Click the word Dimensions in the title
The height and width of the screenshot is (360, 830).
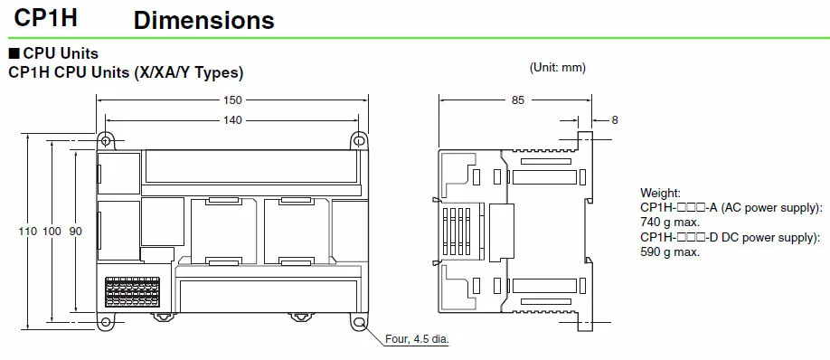click(203, 19)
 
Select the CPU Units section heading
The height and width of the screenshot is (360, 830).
click(59, 53)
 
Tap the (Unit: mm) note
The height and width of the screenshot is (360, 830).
click(557, 68)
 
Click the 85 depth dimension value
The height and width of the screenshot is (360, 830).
click(517, 100)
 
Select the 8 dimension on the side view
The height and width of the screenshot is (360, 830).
click(615, 120)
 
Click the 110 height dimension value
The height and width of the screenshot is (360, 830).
click(28, 232)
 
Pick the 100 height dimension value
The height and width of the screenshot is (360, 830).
click(52, 232)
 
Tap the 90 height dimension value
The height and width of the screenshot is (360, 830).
click(75, 232)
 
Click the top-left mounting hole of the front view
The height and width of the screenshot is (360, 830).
click(107, 141)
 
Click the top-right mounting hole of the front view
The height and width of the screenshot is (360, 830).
click(358, 141)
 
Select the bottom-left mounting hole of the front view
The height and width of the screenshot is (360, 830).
click(107, 322)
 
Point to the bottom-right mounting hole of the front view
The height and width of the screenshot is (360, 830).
click(358, 322)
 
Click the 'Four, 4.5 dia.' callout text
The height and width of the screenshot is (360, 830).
click(416, 340)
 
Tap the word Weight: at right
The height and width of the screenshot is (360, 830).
click(661, 193)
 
